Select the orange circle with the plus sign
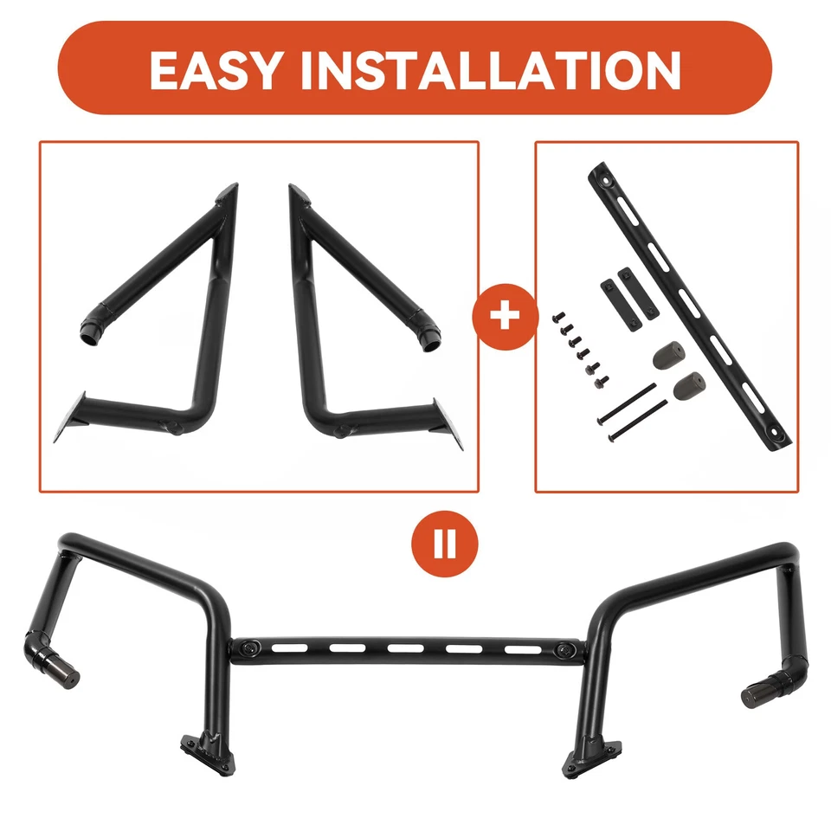tap(506, 317)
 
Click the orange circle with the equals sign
tap(445, 545)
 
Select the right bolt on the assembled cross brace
tap(566, 650)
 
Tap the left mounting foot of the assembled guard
tap(206, 750)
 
